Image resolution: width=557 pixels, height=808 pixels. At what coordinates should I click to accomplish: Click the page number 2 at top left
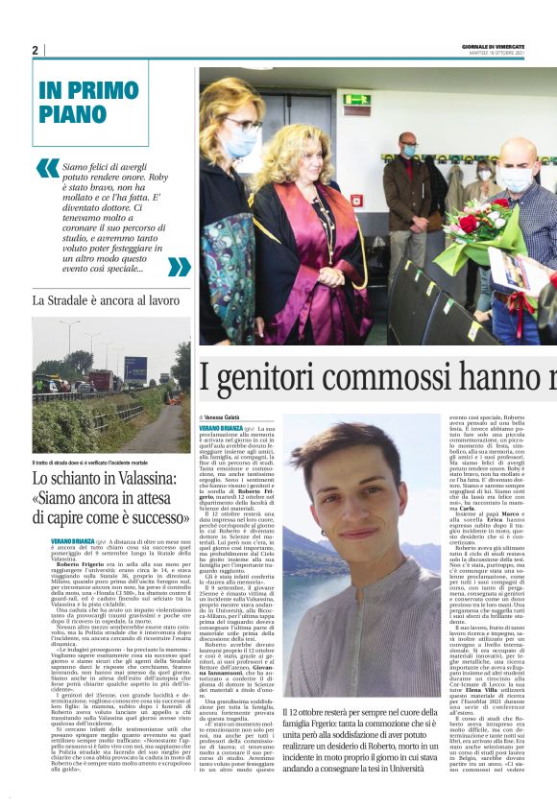click(x=35, y=50)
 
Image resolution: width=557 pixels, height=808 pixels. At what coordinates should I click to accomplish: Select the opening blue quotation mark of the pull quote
click(x=47, y=168)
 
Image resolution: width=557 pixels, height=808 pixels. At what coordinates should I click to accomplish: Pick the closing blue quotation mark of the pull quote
click(x=179, y=267)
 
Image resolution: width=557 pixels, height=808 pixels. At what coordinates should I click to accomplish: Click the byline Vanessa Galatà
click(x=223, y=416)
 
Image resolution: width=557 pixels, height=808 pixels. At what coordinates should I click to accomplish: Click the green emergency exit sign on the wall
click(x=357, y=99)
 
